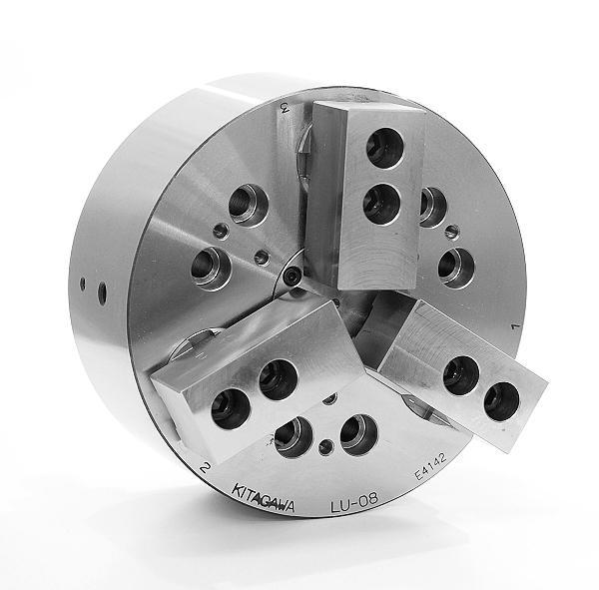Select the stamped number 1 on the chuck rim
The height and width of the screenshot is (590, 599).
pyautogui.click(x=512, y=325)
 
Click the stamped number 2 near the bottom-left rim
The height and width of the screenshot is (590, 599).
pyautogui.click(x=204, y=465)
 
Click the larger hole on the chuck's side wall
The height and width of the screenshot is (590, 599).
pyautogui.click(x=102, y=294)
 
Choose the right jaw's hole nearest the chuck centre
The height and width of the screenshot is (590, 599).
pyautogui.click(x=460, y=374)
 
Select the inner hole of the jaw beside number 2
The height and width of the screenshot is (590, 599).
pyautogui.click(x=276, y=378)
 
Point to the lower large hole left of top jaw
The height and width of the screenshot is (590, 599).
pyautogui.click(x=211, y=268)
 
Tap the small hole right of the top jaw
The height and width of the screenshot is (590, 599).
pyautogui.click(x=452, y=232)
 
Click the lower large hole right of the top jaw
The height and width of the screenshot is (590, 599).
pyautogui.click(x=454, y=266)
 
